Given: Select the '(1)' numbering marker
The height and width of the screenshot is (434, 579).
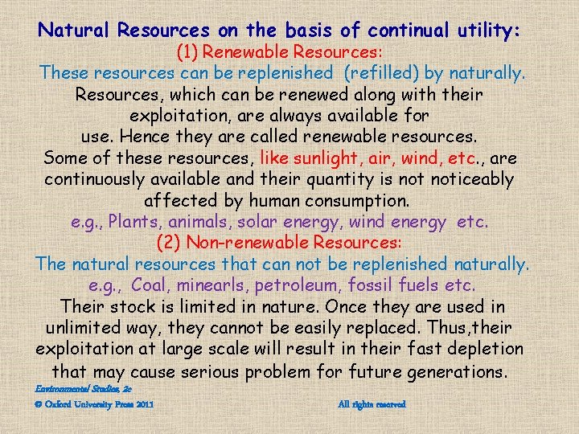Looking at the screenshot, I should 191,52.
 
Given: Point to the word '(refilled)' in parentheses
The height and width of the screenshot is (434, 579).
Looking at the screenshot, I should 379,73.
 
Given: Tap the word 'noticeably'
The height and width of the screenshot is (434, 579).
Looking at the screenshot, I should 472,178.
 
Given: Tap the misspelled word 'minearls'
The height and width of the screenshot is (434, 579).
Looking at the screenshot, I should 216,285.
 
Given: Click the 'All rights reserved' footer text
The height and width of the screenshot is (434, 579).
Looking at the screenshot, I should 372,403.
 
